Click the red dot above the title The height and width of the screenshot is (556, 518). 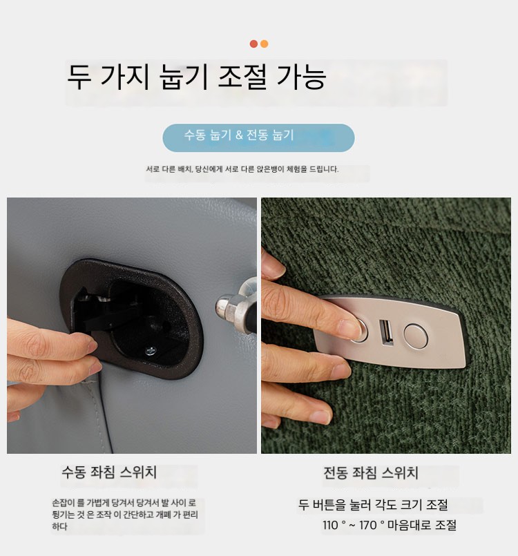(x=253, y=44)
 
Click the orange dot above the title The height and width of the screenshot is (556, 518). (x=264, y=44)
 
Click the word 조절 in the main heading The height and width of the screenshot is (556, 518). (x=242, y=77)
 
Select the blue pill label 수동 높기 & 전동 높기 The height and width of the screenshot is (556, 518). (x=258, y=138)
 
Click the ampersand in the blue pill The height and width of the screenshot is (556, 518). (x=239, y=135)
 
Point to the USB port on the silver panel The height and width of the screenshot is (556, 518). (x=387, y=332)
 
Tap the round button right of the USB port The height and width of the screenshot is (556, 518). (x=416, y=335)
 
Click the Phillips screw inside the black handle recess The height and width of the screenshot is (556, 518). (x=150, y=351)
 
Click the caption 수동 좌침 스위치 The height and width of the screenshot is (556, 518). (x=109, y=472)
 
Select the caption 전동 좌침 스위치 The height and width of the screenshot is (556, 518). (x=371, y=473)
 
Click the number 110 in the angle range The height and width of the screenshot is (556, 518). (x=330, y=525)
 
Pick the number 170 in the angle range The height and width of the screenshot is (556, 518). (x=367, y=525)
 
